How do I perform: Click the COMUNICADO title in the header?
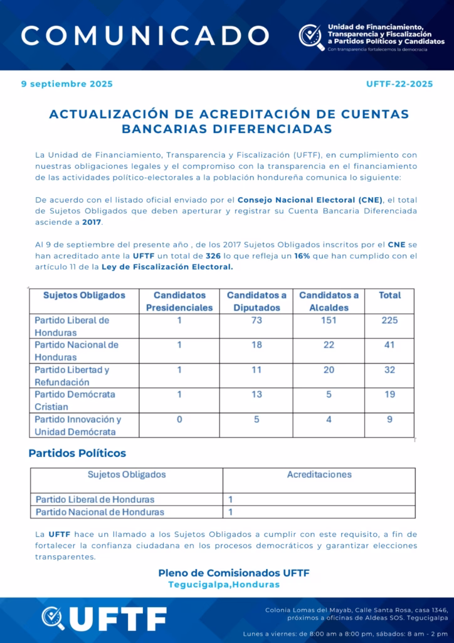(x=145, y=35)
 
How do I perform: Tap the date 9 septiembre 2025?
(x=67, y=84)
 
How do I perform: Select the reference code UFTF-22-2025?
(x=399, y=84)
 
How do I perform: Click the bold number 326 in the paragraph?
(x=213, y=256)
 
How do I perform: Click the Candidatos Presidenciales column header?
(x=179, y=301)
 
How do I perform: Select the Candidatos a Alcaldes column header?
(x=329, y=301)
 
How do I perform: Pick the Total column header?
(x=389, y=295)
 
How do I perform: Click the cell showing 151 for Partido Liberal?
(x=329, y=320)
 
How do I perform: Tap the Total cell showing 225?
(x=389, y=320)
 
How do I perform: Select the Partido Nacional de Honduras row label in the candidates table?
(x=77, y=351)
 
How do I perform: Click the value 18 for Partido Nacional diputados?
(x=256, y=345)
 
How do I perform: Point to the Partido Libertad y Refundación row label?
(x=71, y=376)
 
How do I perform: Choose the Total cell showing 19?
(x=389, y=394)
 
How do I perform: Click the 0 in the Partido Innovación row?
(x=179, y=419)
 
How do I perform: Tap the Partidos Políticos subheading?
(x=77, y=453)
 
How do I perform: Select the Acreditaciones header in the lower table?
(x=319, y=475)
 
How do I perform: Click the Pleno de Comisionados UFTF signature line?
(x=233, y=573)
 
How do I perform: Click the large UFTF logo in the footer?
(x=104, y=619)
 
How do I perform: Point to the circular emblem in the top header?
(x=311, y=36)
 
